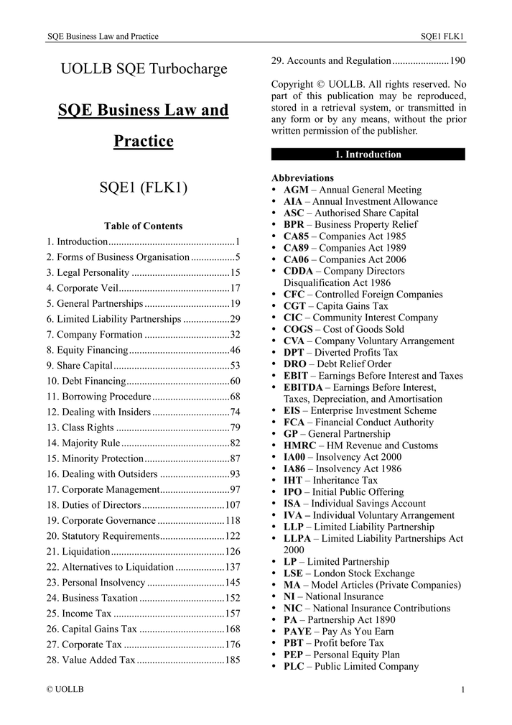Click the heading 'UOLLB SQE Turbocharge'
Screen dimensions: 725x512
144,69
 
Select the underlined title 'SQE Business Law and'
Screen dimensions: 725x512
144,111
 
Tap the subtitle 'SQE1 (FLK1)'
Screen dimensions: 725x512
144,188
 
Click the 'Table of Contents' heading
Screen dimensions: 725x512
144,226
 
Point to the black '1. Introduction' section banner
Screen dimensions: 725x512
368,154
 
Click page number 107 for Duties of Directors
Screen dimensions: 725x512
232,505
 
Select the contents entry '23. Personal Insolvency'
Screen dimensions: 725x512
96,583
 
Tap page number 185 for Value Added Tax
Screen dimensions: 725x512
232,660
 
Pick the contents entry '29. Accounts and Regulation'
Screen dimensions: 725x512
331,61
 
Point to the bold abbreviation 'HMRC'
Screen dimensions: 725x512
299,445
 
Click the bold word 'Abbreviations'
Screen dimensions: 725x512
302,177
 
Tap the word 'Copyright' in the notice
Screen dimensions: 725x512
292,85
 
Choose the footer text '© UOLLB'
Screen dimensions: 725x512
65,689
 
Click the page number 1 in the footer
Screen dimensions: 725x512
463,690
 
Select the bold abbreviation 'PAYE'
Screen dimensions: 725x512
298,632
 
